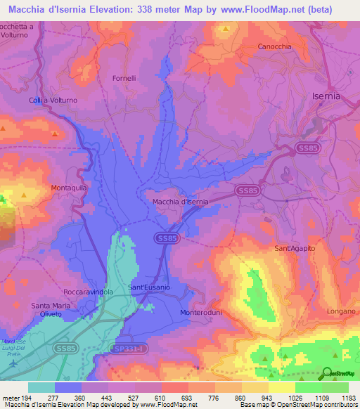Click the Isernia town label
click(326, 96)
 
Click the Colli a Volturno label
click(53, 100)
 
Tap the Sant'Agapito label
click(295, 249)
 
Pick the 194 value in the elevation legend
click(28, 397)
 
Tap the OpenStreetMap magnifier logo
click(328, 374)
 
